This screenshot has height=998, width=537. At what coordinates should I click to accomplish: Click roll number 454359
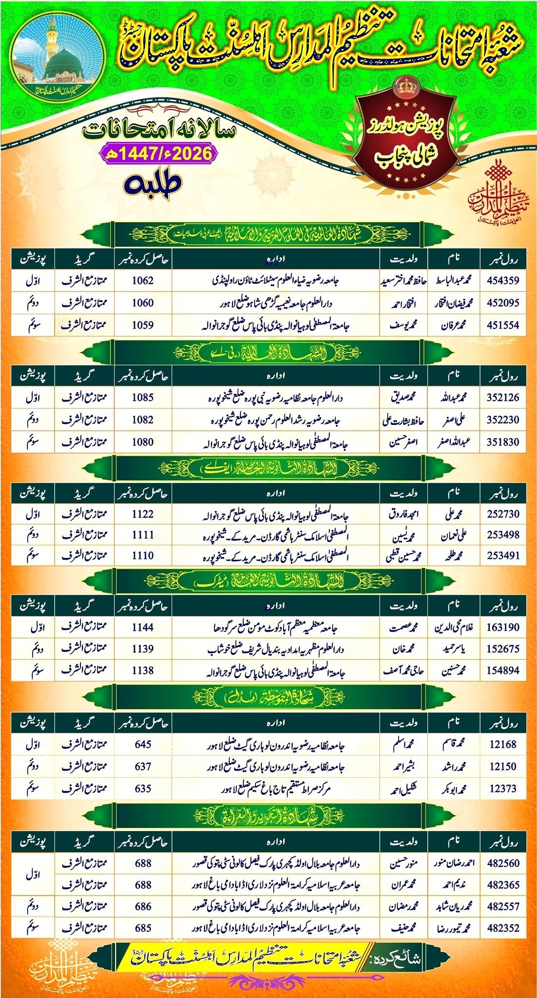coord(503,281)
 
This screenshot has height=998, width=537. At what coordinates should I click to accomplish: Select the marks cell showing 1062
coord(143,281)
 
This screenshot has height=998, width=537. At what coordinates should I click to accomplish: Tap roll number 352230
coord(503,420)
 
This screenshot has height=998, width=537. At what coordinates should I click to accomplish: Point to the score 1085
coord(143,398)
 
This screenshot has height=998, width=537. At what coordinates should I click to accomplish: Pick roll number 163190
coord(503,628)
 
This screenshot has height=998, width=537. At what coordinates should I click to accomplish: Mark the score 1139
coord(143,649)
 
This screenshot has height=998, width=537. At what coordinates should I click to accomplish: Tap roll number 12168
coord(503,745)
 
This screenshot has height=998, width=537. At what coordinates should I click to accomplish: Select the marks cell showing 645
coord(143,745)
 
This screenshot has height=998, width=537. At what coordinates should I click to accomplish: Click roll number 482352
coord(503,928)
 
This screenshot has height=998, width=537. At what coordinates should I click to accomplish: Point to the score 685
coord(143,928)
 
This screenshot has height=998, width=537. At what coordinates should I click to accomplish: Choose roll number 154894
coord(503,671)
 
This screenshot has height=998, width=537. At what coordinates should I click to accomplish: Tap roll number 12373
coord(503,788)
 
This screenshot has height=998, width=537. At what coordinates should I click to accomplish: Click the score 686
coord(143,907)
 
